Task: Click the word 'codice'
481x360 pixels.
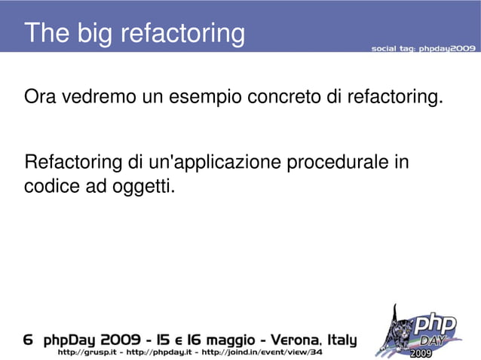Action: point(51,185)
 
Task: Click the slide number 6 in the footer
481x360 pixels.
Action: point(28,339)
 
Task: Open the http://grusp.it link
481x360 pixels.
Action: point(88,352)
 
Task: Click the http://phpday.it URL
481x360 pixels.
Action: point(161,352)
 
